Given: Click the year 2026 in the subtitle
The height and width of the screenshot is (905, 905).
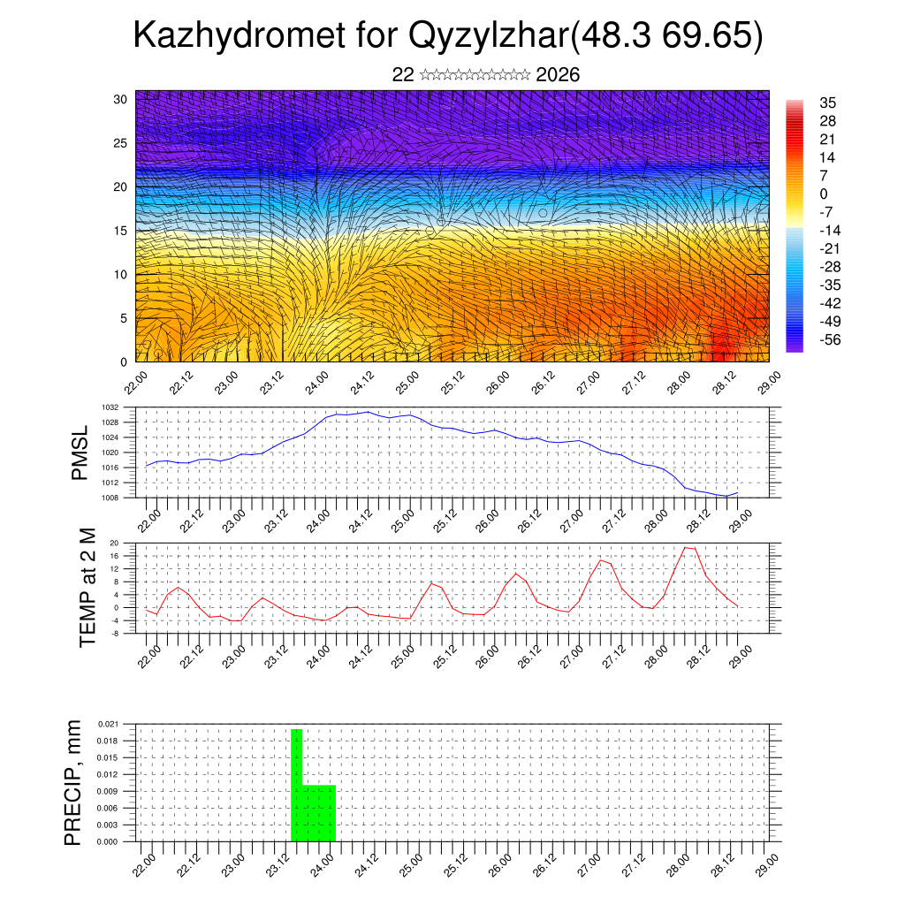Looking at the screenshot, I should pos(558,75).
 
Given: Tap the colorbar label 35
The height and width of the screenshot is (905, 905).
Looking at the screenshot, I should pos(830,103).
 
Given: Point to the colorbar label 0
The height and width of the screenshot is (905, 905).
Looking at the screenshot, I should pos(824,194).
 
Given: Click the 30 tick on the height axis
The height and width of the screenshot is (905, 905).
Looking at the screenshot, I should pos(120,99).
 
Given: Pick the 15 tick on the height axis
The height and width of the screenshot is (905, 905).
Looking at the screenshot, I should pos(120,231).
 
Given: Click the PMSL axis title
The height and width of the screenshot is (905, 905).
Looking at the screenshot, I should pos(80,453).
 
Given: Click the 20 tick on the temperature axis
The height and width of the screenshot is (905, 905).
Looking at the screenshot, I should pos(114,544).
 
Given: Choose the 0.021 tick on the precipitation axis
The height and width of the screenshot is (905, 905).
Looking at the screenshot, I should pos(108,724).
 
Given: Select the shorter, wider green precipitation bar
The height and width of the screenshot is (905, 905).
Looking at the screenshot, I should pos(319,813).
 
